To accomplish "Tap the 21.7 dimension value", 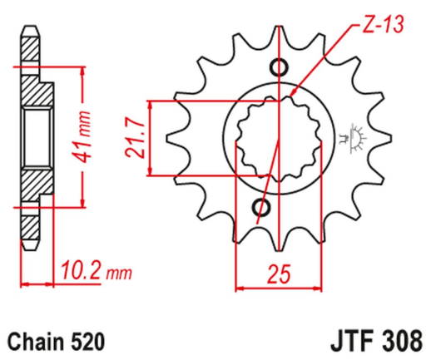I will (x=134, y=138).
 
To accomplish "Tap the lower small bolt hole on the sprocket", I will (x=265, y=207).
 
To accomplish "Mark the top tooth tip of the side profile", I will (x=31, y=30).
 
